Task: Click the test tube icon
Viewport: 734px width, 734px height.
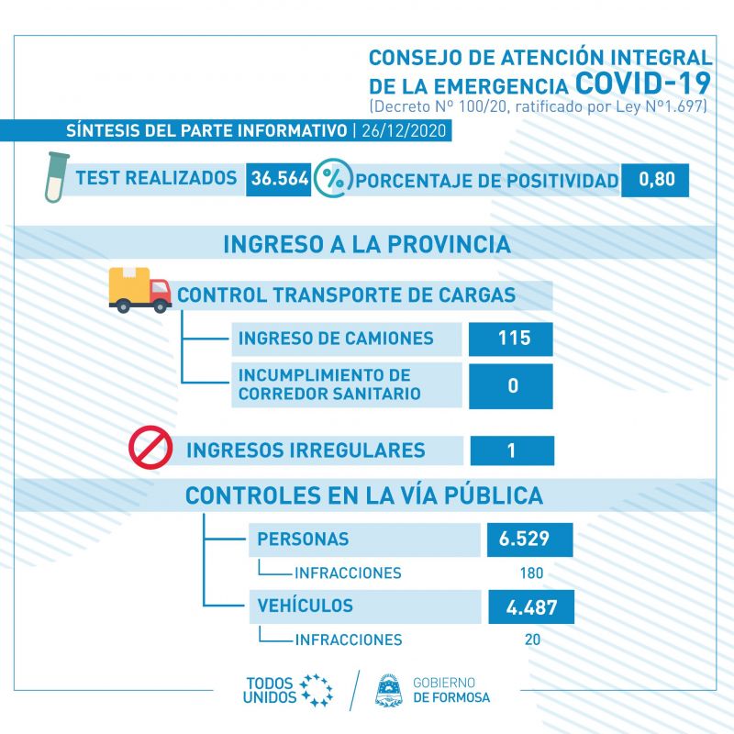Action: (x=56, y=177)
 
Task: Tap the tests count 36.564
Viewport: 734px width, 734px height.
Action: (x=280, y=178)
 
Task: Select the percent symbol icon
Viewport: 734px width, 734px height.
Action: (x=333, y=178)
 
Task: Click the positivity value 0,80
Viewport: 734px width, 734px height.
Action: (x=656, y=179)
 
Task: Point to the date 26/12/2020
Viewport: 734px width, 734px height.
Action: (x=404, y=130)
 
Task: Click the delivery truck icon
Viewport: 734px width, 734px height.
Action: (x=139, y=290)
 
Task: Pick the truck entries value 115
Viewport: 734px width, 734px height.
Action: (x=514, y=338)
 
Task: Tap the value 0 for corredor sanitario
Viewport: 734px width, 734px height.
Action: (x=513, y=385)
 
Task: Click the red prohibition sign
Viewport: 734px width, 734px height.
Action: (x=150, y=448)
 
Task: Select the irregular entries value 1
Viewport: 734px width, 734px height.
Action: (x=511, y=450)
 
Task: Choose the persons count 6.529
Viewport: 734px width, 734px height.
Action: (x=524, y=539)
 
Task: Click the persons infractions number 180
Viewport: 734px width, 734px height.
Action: (x=531, y=573)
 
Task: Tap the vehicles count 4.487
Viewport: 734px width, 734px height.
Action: (x=531, y=607)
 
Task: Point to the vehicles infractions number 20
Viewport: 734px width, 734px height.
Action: (x=532, y=639)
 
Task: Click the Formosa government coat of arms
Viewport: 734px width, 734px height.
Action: (x=389, y=690)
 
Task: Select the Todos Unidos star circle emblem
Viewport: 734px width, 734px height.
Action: (x=317, y=690)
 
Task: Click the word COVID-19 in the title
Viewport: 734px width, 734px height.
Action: (x=643, y=83)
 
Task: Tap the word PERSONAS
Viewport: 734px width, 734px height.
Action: (x=303, y=539)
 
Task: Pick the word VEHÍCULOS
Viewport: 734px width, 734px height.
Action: (x=305, y=605)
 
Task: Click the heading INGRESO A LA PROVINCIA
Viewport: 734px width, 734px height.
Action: (x=367, y=244)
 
